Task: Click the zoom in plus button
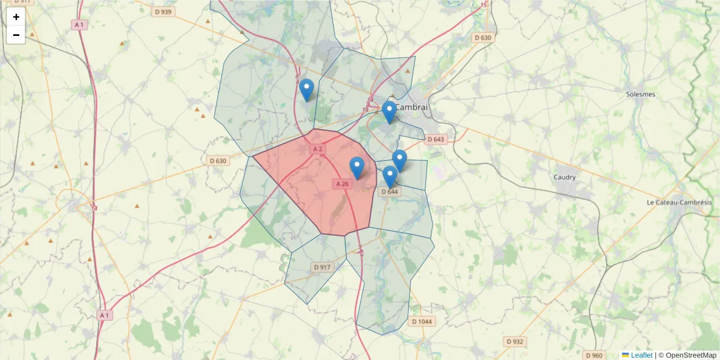click(x=16, y=17)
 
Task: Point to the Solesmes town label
click(x=641, y=94)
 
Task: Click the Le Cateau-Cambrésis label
click(x=679, y=203)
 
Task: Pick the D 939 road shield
click(x=163, y=12)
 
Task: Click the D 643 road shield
click(x=436, y=139)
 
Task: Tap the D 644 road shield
click(x=389, y=191)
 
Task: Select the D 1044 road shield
click(x=422, y=322)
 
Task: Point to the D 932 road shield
click(x=515, y=341)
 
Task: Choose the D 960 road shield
click(x=593, y=355)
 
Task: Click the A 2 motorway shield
click(x=317, y=149)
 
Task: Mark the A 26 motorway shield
click(x=342, y=184)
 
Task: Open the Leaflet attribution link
click(x=641, y=355)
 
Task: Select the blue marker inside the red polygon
click(x=357, y=167)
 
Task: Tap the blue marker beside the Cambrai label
click(x=389, y=112)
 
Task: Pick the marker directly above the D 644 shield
click(x=390, y=176)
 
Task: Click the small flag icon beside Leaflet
click(x=626, y=355)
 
